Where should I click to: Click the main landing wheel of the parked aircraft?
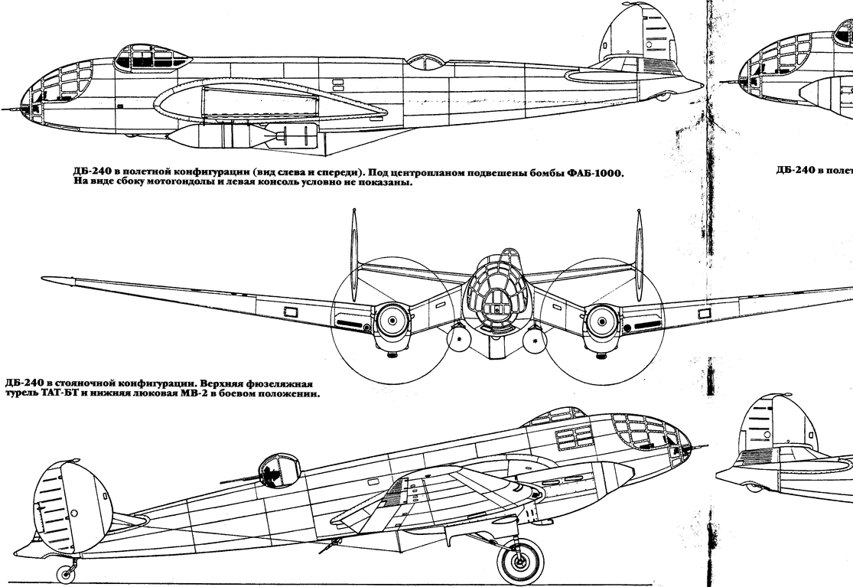[x=520, y=561]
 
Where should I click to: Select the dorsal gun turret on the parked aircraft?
[x=279, y=468]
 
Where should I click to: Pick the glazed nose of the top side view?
[x=54, y=92]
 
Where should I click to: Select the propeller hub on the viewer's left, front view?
[x=392, y=318]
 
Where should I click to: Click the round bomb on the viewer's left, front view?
[x=459, y=338]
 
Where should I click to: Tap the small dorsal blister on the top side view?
[x=427, y=61]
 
